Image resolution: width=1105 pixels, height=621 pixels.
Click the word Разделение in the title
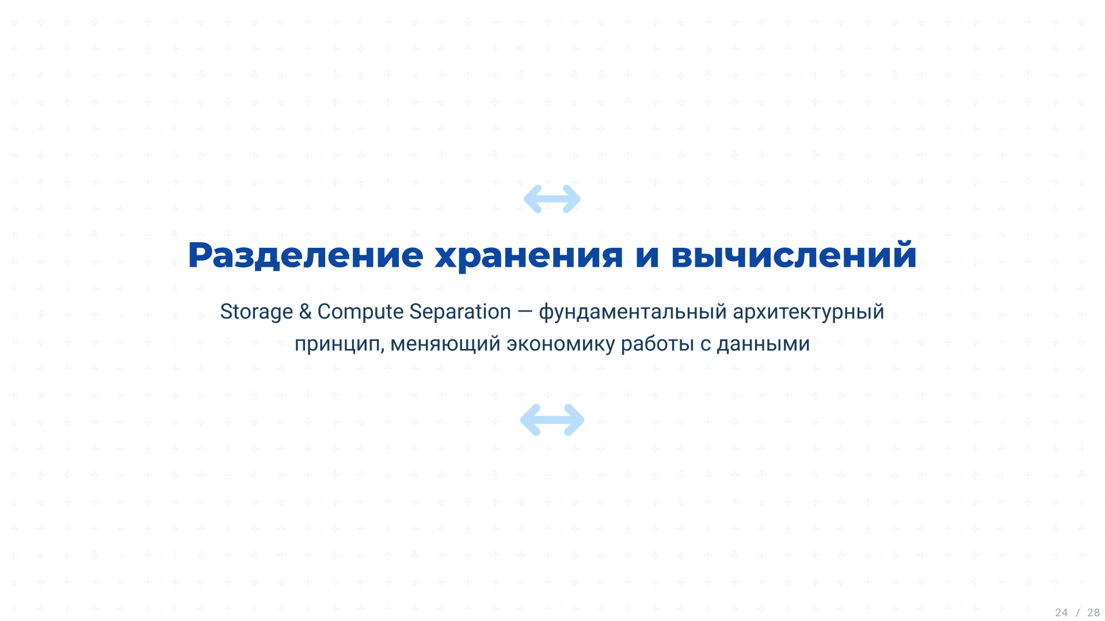[306, 255]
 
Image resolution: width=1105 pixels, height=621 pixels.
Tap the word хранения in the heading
[529, 255]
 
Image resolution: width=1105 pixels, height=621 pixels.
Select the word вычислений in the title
[794, 255]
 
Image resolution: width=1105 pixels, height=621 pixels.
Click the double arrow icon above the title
[552, 199]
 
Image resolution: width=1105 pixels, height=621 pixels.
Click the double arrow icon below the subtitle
[552, 420]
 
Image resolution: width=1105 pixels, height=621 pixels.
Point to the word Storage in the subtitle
[256, 312]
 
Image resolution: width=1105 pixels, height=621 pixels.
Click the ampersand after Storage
[305, 312]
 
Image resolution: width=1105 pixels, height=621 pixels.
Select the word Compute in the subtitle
[360, 312]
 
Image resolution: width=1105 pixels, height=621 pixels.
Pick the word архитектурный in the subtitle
[808, 312]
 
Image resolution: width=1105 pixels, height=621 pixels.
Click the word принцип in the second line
[338, 344]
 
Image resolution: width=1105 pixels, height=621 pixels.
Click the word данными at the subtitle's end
[763, 344]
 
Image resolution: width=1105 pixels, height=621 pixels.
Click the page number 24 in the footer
[1061, 613]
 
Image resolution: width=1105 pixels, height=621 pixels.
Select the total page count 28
[1093, 613]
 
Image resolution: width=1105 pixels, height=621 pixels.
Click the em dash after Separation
[524, 312]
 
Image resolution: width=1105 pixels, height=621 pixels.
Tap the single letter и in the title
[647, 255]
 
